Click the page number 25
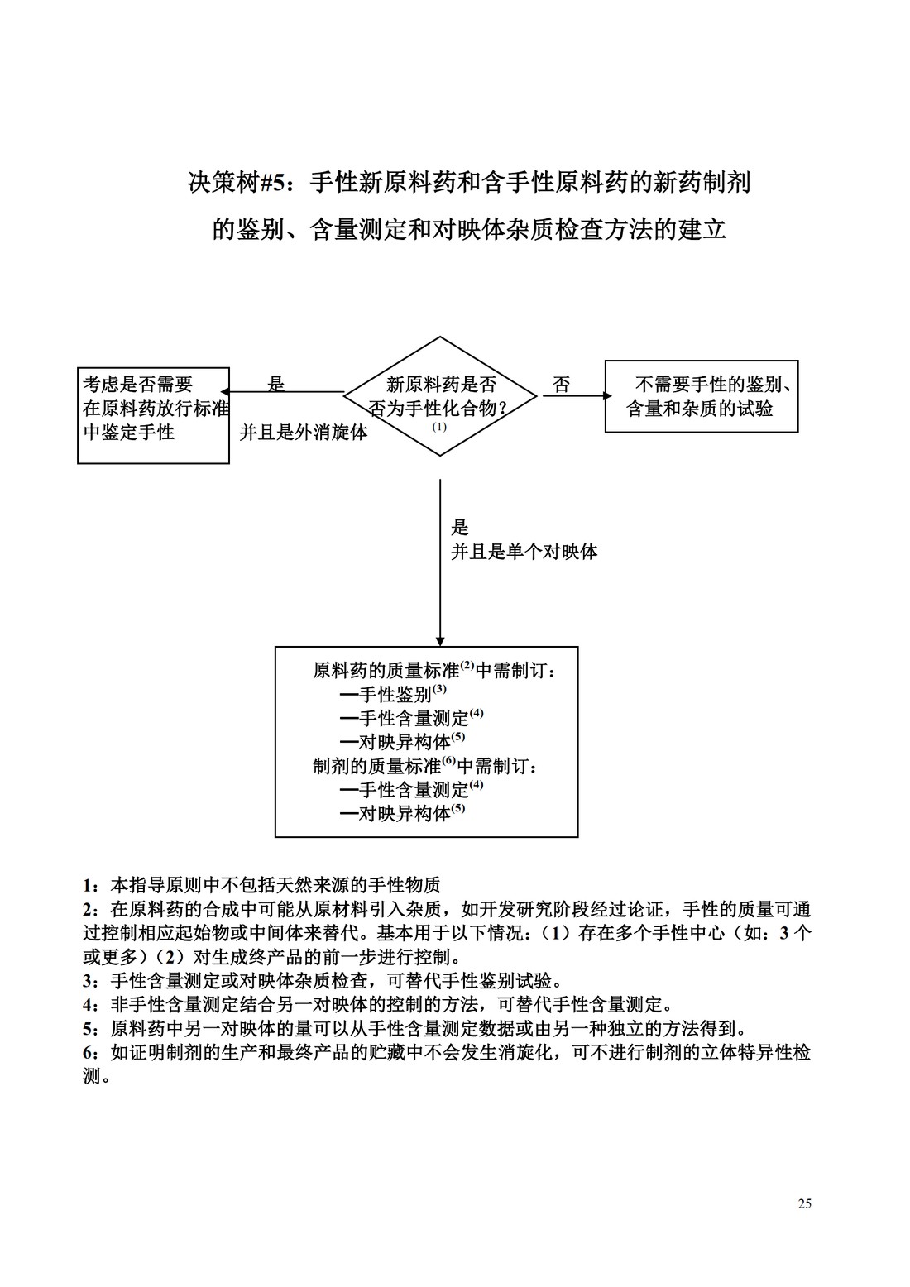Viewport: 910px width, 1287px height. coord(804,1203)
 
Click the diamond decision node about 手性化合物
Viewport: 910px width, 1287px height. coord(440,395)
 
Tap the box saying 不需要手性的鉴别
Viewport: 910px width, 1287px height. coord(701,396)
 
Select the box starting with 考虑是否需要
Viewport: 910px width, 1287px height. coord(153,415)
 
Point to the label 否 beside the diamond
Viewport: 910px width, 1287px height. coord(561,385)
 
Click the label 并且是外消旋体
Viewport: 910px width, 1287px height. coord(304,433)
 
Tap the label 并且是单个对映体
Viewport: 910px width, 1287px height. coord(524,552)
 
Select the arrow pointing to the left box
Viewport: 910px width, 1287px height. coord(285,392)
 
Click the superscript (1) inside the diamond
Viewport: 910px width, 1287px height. coord(439,427)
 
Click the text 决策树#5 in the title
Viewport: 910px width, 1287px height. coord(240,183)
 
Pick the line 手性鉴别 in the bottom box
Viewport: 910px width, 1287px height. coord(394,693)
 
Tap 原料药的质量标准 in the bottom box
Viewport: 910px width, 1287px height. coord(386,670)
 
